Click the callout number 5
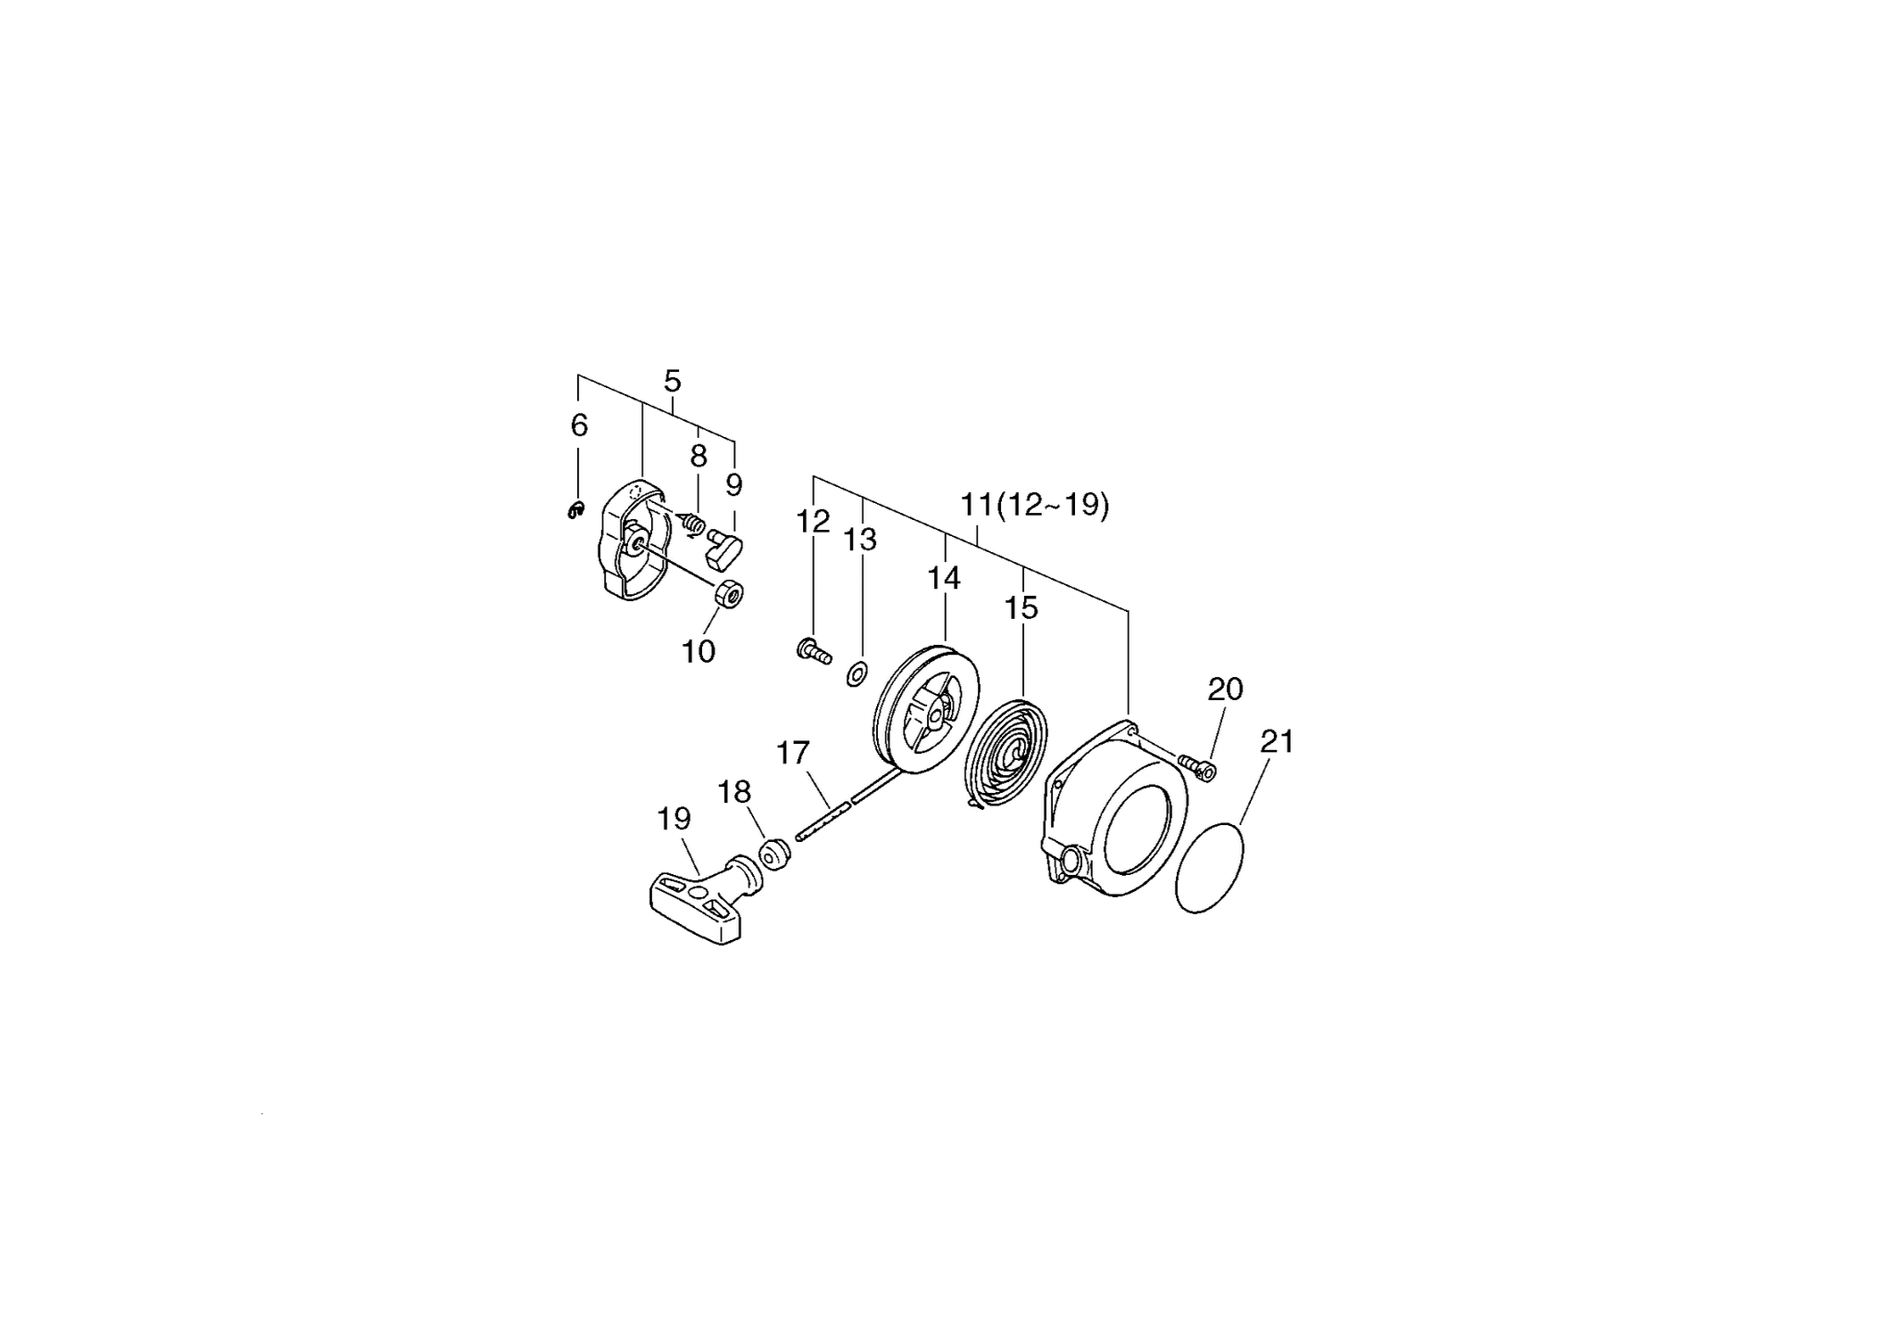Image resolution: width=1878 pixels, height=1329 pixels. point(673,382)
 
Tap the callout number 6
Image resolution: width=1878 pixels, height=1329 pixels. point(579,425)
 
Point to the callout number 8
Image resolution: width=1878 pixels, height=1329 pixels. point(699,456)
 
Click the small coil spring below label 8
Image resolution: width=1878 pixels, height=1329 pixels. point(692,524)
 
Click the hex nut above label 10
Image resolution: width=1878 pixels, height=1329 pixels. point(731,593)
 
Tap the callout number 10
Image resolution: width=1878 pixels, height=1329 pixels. point(699,652)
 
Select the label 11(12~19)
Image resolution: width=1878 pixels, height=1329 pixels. point(1035,506)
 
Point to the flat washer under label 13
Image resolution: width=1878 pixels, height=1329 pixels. point(856,674)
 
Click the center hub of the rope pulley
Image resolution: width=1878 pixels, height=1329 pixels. point(933,714)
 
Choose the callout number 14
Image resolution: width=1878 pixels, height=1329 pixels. point(944,578)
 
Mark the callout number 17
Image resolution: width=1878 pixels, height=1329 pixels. point(792,753)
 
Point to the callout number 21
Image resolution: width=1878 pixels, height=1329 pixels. point(1277,741)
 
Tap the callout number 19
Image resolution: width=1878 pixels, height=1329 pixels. point(674,818)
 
